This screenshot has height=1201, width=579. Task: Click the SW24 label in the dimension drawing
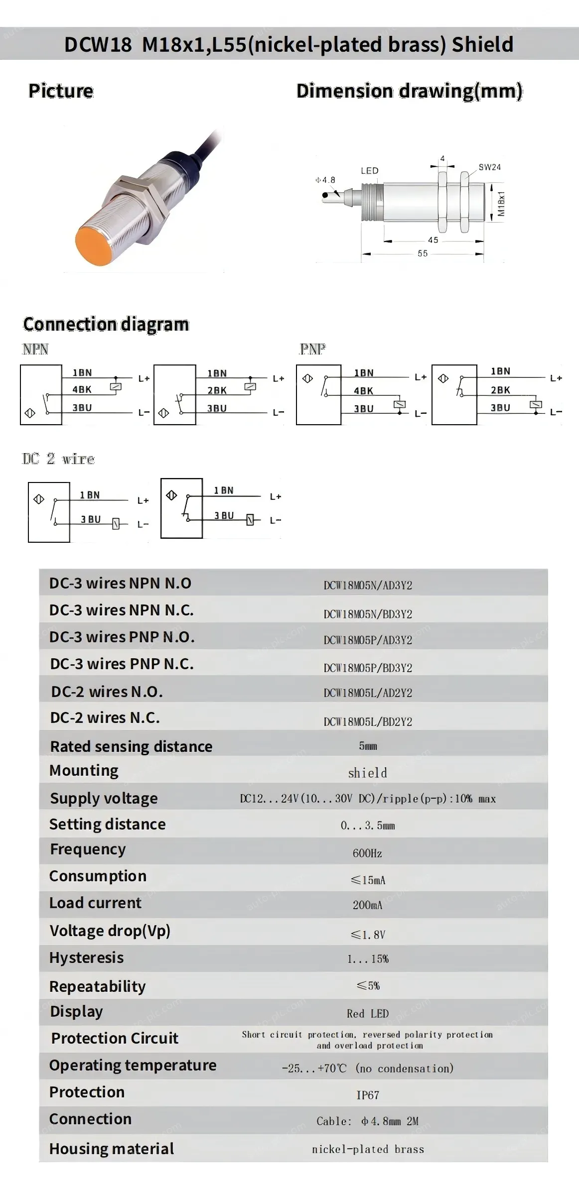(x=489, y=167)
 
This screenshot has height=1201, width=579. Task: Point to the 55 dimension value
(x=423, y=253)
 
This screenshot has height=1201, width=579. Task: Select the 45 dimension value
(x=433, y=240)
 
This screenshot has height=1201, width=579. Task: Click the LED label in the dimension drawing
(x=370, y=171)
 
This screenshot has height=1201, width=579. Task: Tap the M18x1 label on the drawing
(x=501, y=203)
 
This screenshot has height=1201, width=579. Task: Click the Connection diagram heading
(x=106, y=324)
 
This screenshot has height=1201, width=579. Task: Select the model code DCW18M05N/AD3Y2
(x=368, y=586)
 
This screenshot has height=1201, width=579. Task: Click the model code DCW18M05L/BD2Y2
(x=368, y=722)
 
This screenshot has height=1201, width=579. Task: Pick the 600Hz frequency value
(x=367, y=853)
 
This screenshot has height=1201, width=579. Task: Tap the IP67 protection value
(x=368, y=1095)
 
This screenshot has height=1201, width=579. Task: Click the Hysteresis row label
(x=87, y=958)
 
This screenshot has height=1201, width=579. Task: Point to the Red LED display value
(x=368, y=1014)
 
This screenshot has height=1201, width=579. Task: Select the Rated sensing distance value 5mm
(x=368, y=746)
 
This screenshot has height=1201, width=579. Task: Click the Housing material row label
(x=112, y=1149)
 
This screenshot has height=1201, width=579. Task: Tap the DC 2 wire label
(x=58, y=459)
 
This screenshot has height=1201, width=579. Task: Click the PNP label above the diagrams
(x=312, y=349)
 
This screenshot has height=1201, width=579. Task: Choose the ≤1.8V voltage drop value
(x=368, y=935)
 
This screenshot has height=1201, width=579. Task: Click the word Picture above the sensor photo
(x=61, y=91)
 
